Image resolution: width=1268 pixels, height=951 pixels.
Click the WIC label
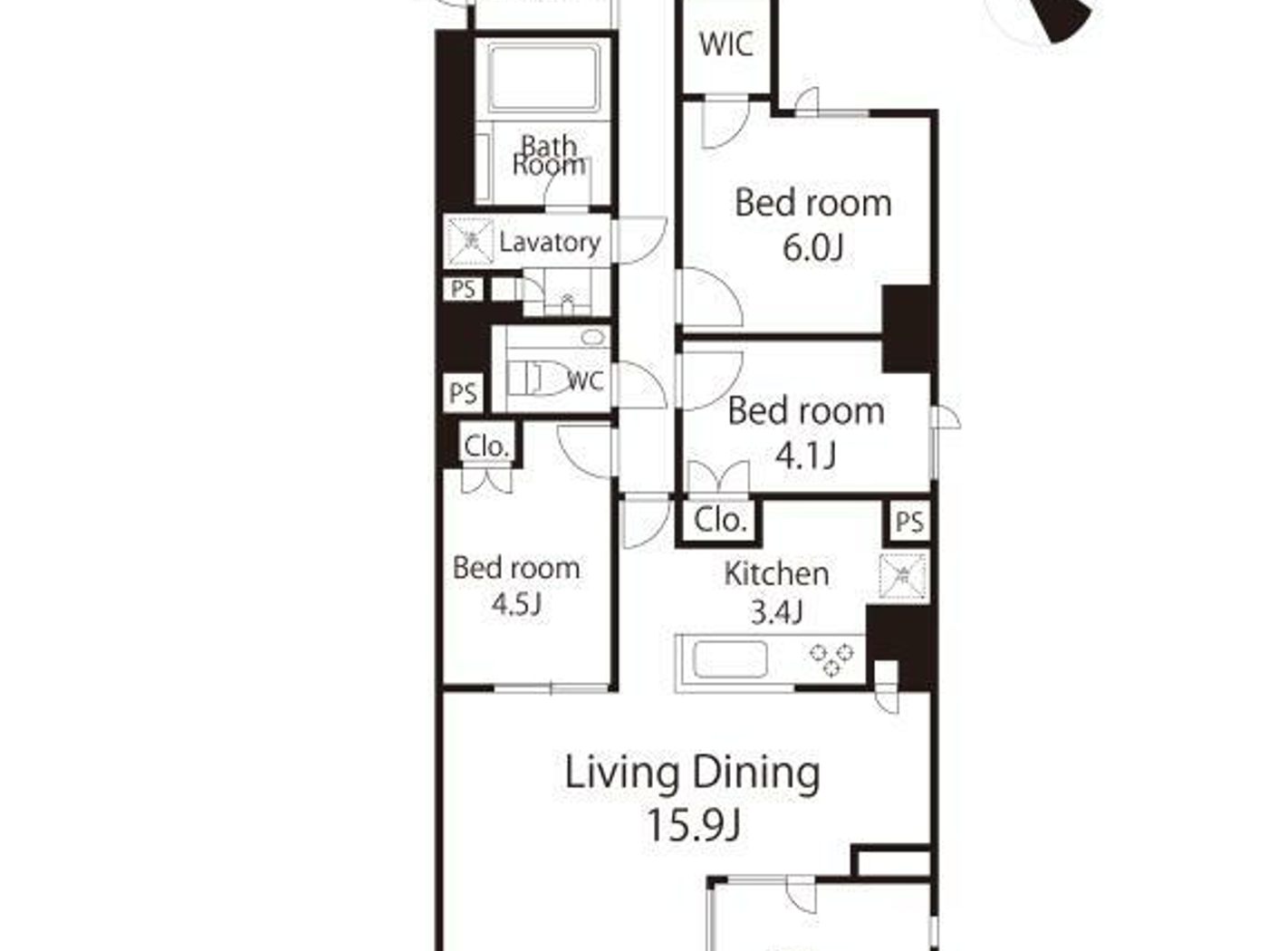[x=725, y=43]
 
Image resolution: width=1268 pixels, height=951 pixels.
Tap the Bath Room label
[x=549, y=156]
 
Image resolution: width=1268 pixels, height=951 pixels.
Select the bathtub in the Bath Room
[x=543, y=78]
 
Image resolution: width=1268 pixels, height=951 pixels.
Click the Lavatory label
[x=550, y=242]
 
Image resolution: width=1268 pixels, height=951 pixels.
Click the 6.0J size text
[x=812, y=246]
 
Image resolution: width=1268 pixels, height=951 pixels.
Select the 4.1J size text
[x=805, y=454]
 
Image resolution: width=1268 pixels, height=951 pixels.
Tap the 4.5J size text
[x=516, y=603]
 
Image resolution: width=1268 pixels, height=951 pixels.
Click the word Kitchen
[x=776, y=573]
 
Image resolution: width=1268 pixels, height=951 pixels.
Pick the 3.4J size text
[x=776, y=612]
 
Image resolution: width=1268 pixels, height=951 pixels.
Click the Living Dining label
[x=693, y=773]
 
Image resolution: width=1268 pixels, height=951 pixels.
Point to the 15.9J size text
[x=693, y=824]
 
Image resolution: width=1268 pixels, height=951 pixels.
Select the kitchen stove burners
[x=831, y=658]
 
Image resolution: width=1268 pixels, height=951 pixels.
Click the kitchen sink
[x=729, y=660]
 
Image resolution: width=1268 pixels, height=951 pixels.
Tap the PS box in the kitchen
[x=908, y=521]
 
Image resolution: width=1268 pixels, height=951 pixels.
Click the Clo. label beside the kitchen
[x=720, y=520]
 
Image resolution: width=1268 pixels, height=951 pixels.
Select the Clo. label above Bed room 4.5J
[x=486, y=446]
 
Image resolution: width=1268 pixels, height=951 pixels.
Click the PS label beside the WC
[x=463, y=393]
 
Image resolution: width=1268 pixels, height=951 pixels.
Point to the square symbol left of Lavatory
[x=471, y=241]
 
